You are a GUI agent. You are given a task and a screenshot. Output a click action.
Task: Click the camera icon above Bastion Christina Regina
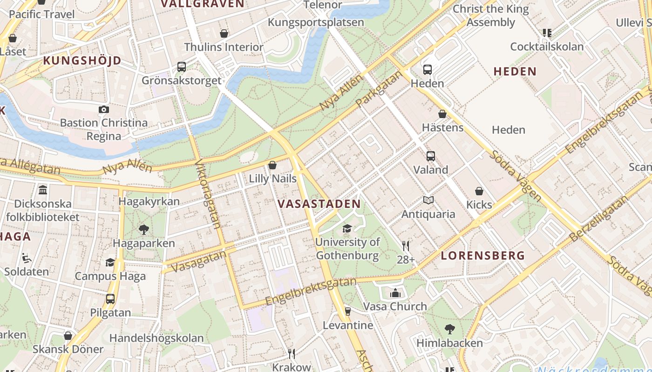tap(103, 110)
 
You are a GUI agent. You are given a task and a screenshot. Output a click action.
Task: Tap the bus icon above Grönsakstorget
tap(182, 67)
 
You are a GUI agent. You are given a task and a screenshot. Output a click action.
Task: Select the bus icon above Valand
tap(431, 156)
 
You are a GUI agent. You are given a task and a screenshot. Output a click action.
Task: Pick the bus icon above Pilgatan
tap(110, 299)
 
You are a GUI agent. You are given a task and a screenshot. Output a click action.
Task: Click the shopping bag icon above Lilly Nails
tap(272, 165)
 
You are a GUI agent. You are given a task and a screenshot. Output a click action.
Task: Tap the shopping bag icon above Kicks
tap(479, 191)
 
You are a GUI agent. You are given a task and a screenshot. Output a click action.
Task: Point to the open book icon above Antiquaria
tap(428, 200)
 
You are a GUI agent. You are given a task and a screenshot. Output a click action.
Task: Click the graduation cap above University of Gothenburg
tap(347, 228)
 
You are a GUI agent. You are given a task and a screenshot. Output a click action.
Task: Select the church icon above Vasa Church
tap(395, 293)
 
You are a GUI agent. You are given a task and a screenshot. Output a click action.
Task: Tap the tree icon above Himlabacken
tap(449, 329)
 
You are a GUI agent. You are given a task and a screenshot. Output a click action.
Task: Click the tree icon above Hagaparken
tap(144, 229)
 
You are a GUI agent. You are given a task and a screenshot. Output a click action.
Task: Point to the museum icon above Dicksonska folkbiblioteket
tap(43, 190)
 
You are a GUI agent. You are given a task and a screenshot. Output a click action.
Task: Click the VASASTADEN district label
tap(319, 204)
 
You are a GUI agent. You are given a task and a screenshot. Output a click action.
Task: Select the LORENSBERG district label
tap(483, 255)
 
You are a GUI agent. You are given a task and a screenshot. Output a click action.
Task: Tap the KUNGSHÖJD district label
tap(82, 60)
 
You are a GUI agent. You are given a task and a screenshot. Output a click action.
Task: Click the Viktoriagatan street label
tap(208, 194)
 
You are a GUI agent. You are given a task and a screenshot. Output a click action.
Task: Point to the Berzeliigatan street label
tap(599, 219)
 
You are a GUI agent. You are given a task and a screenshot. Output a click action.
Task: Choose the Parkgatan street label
tap(378, 89)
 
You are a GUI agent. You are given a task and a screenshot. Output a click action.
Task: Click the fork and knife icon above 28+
tap(406, 246)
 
